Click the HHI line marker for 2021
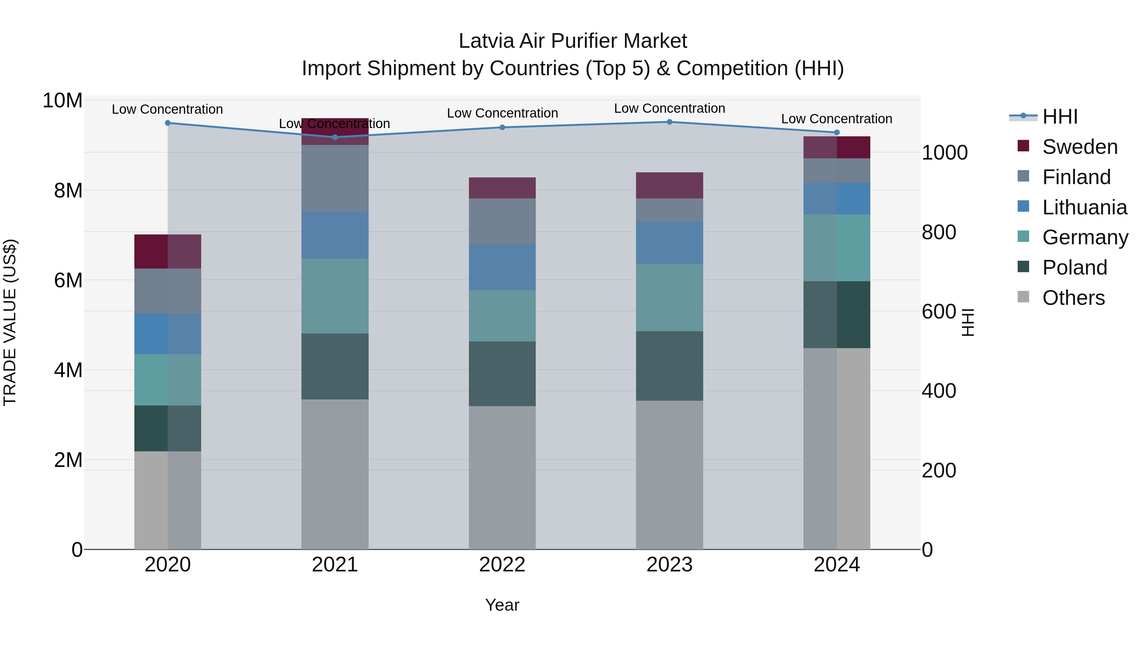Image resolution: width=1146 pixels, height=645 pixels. tap(335, 137)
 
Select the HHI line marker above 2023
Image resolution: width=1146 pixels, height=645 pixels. tap(669, 122)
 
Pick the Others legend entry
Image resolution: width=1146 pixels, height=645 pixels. tap(1073, 298)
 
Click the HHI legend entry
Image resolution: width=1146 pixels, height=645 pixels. tap(1060, 117)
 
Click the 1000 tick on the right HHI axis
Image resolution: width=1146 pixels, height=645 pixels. tap(944, 153)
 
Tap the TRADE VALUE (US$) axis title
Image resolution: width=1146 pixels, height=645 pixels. tap(10, 322)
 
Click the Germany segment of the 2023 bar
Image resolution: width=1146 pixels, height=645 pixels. tap(669, 297)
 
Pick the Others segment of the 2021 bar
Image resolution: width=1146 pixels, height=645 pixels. tap(335, 474)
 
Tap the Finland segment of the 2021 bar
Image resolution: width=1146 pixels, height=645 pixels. tap(335, 178)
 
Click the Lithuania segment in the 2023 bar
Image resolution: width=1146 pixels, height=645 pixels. tap(669, 243)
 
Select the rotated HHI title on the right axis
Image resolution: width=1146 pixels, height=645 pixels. tap(968, 322)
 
